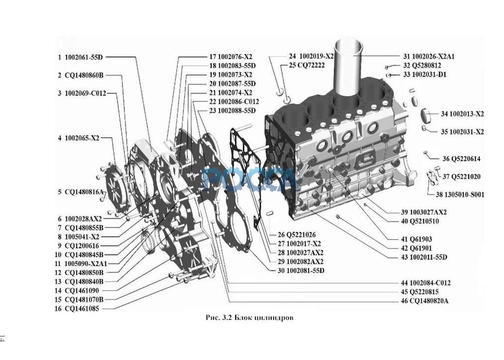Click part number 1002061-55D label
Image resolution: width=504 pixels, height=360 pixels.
click(84, 57)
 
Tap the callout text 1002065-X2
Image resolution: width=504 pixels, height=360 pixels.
click(82, 138)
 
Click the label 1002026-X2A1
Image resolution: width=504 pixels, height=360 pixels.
click(433, 57)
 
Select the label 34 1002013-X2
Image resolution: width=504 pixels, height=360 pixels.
click(462, 114)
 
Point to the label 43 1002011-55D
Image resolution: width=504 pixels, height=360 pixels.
click(424, 257)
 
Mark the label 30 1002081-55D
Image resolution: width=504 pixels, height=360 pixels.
click(301, 270)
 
